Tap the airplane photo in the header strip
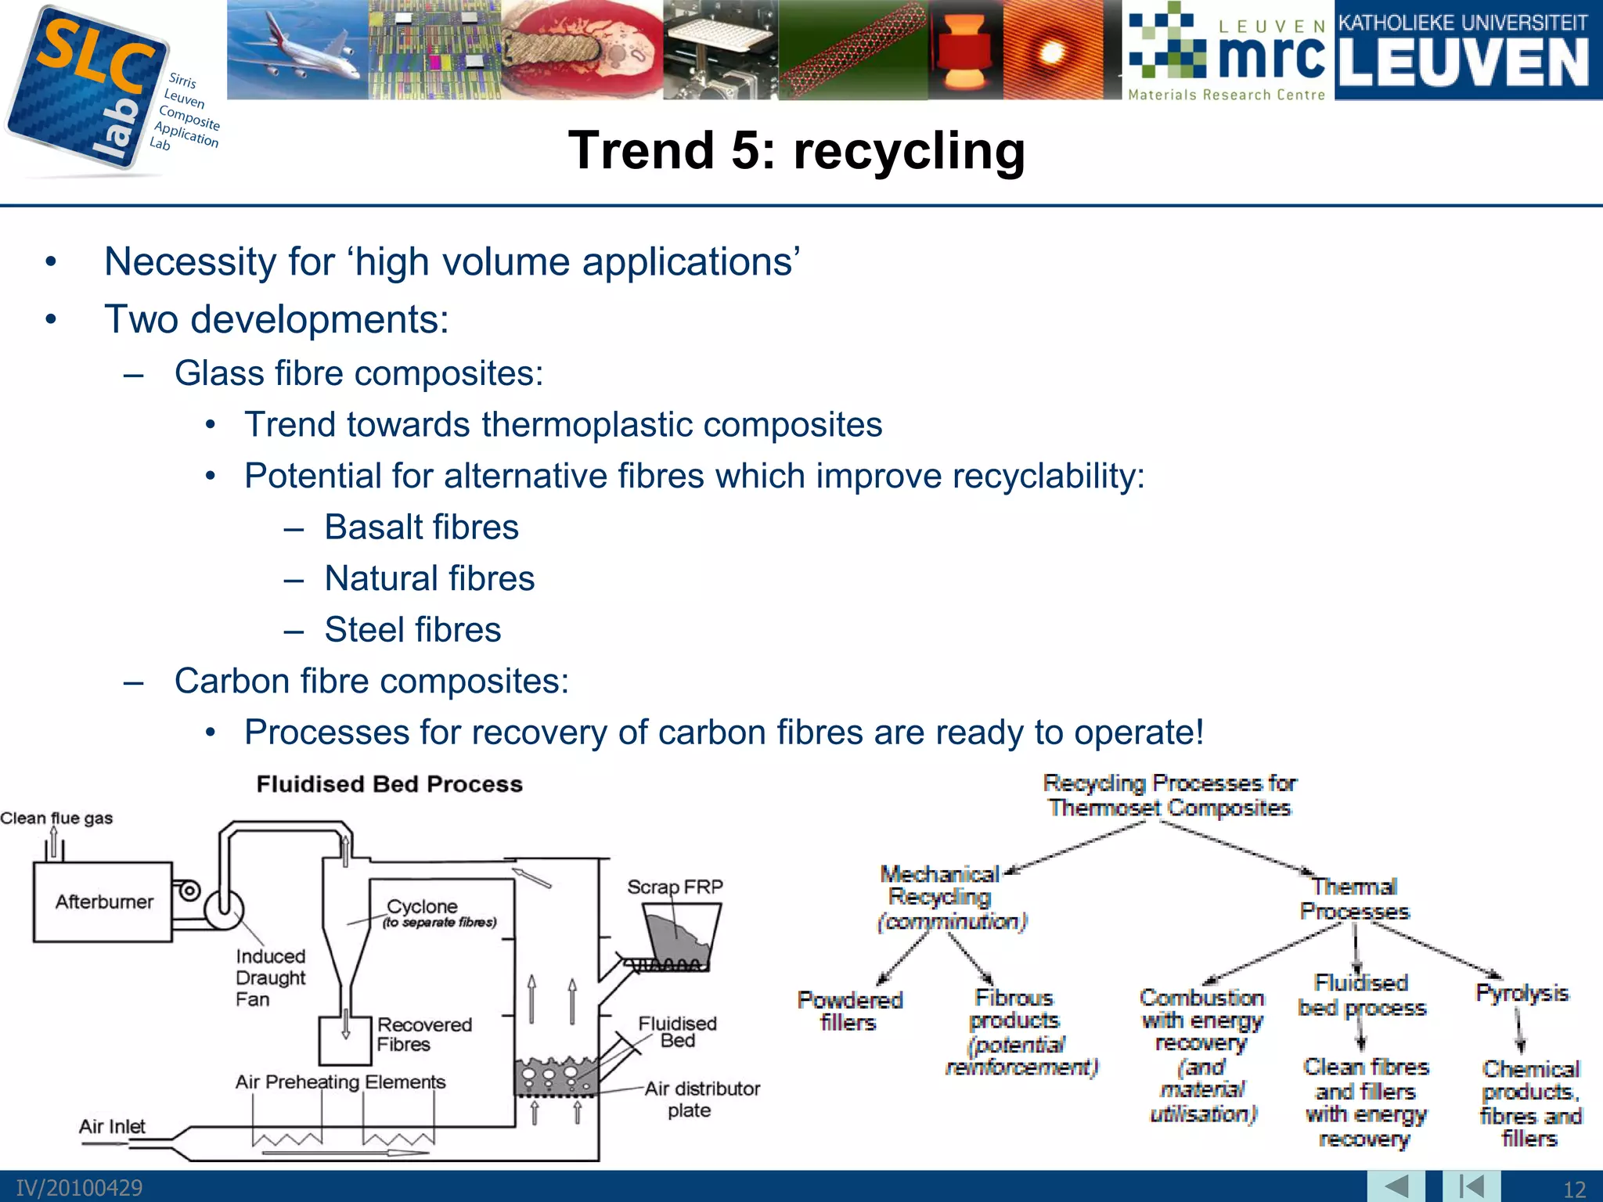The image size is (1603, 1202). tap(297, 49)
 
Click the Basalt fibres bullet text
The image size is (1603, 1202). tap(421, 527)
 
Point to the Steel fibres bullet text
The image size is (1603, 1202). tap(412, 630)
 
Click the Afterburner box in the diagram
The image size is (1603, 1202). tap(103, 901)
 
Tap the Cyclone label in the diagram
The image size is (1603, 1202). tap(423, 906)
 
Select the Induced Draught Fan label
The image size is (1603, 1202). tap(270, 977)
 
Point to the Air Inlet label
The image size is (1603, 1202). tap(112, 1126)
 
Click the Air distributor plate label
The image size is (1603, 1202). tap(701, 1099)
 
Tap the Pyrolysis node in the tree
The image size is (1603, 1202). tap(1522, 993)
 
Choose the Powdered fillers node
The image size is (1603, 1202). tap(849, 1010)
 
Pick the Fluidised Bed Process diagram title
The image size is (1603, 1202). tap(389, 784)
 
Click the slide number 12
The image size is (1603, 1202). tap(1573, 1189)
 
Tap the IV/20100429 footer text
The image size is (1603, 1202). tap(79, 1187)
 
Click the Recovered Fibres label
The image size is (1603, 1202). tap(423, 1034)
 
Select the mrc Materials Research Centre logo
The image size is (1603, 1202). tap(1227, 51)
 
